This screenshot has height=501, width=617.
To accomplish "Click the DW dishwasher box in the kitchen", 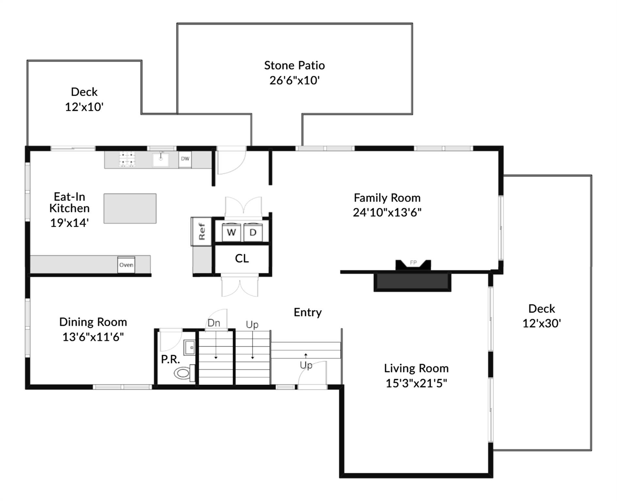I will (x=185, y=159).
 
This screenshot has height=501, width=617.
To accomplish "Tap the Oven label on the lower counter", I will (x=126, y=265).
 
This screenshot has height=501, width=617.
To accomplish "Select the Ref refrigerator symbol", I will (x=201, y=231).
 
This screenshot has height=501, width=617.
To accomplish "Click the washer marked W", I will (x=231, y=233).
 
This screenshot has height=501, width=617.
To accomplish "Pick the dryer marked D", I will (x=253, y=233).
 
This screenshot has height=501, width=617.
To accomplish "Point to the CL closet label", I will (x=242, y=259).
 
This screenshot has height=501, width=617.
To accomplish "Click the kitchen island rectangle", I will (x=130, y=208).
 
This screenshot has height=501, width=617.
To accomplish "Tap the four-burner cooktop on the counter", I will (x=127, y=159).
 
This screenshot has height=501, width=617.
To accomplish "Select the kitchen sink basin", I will (x=161, y=160).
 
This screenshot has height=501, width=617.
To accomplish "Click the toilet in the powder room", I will (x=183, y=373).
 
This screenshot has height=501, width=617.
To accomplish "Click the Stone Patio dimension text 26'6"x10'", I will (x=294, y=80).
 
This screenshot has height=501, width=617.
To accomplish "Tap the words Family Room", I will (x=387, y=198).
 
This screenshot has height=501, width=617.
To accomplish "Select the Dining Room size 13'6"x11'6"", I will (x=93, y=337).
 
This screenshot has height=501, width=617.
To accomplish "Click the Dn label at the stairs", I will (x=214, y=323).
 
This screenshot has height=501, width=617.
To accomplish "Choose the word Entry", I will (x=308, y=312).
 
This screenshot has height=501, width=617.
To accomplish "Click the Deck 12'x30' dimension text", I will (x=542, y=323).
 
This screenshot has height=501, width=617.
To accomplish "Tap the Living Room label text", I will (x=416, y=368).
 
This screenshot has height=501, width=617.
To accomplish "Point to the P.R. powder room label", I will (x=170, y=359).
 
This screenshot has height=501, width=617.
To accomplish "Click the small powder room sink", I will (x=189, y=347).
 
